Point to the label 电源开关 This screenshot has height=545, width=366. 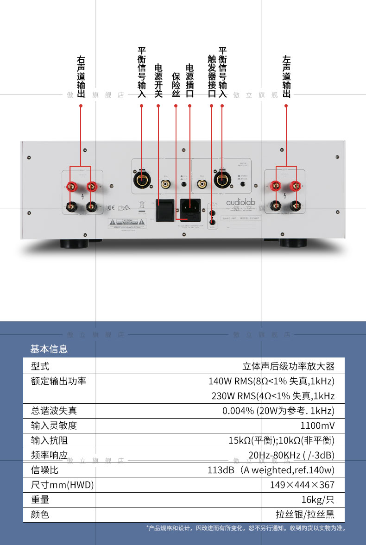coord(158,81)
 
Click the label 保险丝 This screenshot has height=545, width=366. coord(176,85)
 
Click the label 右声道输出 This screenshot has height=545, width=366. coord(81,77)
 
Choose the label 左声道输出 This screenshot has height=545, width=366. coord(286,77)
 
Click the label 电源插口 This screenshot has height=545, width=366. coord(189,81)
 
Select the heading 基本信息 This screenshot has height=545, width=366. coord(49,349)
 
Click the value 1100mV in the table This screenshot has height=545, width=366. coord(317,426)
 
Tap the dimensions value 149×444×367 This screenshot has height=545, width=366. coord(302,485)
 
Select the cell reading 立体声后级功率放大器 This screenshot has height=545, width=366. coord(288,366)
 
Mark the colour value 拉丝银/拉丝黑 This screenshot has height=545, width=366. coord(305,514)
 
